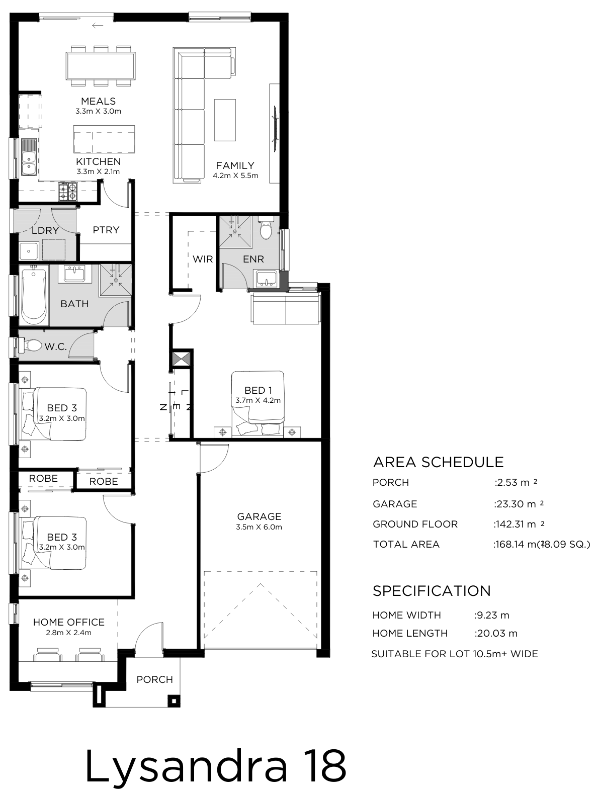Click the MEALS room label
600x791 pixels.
(x=98, y=101)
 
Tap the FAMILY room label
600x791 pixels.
(x=235, y=165)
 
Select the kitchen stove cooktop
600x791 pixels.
(x=68, y=192)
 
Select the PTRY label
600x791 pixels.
(x=106, y=230)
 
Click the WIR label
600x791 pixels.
(x=203, y=259)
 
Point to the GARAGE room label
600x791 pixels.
(x=259, y=516)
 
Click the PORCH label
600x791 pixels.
(x=154, y=679)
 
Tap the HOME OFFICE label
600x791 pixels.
(x=69, y=622)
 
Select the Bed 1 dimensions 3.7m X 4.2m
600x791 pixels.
(x=258, y=400)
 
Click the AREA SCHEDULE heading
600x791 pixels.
(x=438, y=462)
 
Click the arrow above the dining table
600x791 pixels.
(x=98, y=26)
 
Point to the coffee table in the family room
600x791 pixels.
(x=225, y=120)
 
